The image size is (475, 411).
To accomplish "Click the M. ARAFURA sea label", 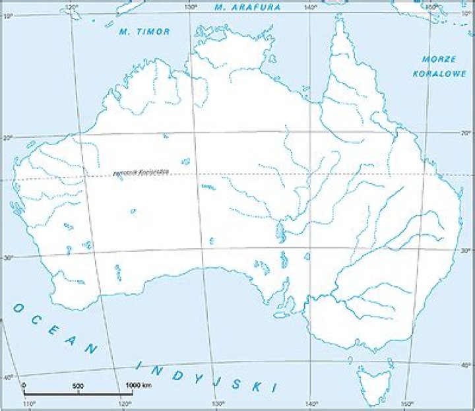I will tap(247, 7).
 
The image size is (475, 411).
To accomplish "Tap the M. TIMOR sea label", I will tap(144, 31).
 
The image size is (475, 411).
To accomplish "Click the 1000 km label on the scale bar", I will tap(137, 385).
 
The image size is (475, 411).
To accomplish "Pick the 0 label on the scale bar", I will tap(24, 385).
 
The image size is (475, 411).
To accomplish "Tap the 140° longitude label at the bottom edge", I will tap(311, 404).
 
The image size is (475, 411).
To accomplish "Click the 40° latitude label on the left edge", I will tap(8, 377).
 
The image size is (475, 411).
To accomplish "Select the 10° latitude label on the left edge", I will tap(8, 16).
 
